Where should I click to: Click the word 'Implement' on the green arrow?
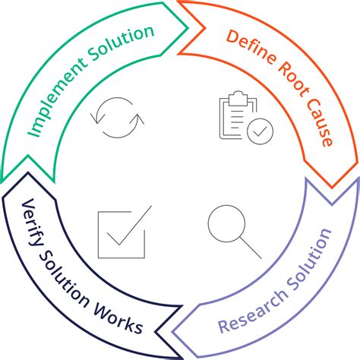[x=55, y=96]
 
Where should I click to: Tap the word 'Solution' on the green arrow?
[x=121, y=43]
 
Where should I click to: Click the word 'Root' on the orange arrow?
[x=294, y=81]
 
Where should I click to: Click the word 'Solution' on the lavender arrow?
[x=311, y=260]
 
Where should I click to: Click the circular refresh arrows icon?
[x=118, y=118]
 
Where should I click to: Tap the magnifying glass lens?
[x=226, y=223]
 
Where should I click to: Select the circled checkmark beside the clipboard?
[x=260, y=131]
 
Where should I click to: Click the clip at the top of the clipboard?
[x=238, y=98]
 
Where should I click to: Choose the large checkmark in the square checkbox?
[x=129, y=226]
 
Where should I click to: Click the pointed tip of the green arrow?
[x=188, y=28]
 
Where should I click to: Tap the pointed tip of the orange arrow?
[x=332, y=188]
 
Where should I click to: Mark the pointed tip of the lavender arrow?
[x=172, y=332]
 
